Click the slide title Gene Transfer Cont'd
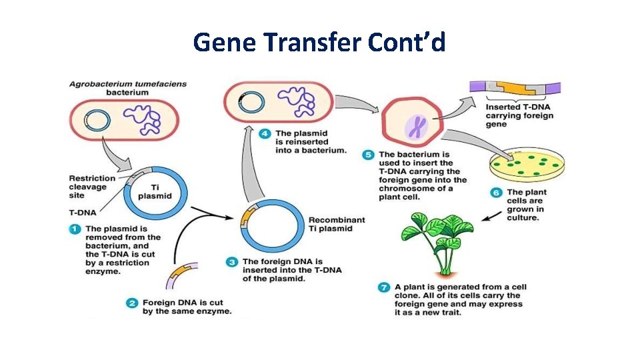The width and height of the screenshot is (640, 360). [319, 43]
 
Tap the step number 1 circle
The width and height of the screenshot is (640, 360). [75, 229]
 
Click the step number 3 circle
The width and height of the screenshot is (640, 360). [232, 262]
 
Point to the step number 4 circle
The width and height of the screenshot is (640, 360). [265, 133]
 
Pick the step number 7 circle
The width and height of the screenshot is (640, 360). [383, 287]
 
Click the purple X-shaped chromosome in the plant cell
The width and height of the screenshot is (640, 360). [416, 126]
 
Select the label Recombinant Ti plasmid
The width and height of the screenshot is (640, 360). [337, 224]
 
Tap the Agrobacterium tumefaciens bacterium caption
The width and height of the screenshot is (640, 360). [128, 88]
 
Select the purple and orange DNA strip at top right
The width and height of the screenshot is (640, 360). [515, 88]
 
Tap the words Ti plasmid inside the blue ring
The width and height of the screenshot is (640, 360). [154, 191]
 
